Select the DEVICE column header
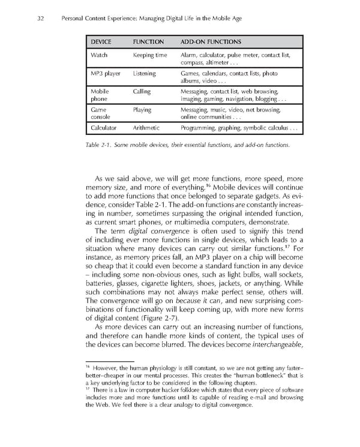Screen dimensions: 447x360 (x=103, y=42)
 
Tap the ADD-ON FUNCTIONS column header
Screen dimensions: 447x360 (x=211, y=42)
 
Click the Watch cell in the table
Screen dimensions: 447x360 (x=99, y=55)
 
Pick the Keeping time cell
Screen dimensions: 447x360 (x=149, y=55)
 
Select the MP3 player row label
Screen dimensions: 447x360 (x=105, y=74)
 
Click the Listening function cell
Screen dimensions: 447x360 (x=144, y=74)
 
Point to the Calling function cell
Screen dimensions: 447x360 (x=142, y=92)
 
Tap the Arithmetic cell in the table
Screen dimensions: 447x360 (x=146, y=128)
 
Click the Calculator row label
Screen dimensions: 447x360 (x=103, y=128)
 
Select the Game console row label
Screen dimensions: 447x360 (x=98, y=114)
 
